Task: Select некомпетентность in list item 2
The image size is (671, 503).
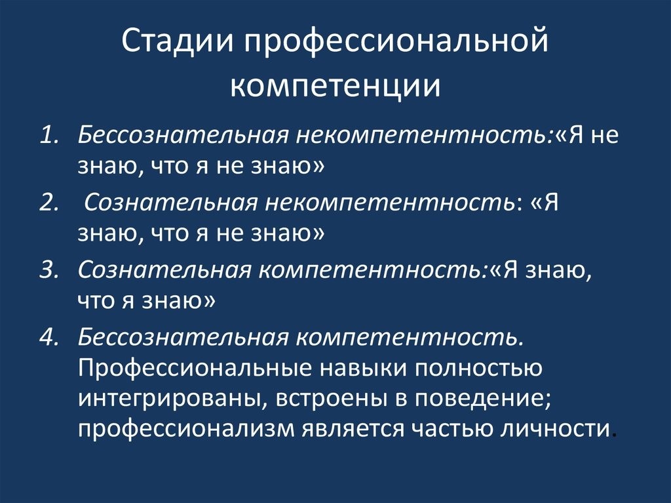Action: (x=389, y=203)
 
